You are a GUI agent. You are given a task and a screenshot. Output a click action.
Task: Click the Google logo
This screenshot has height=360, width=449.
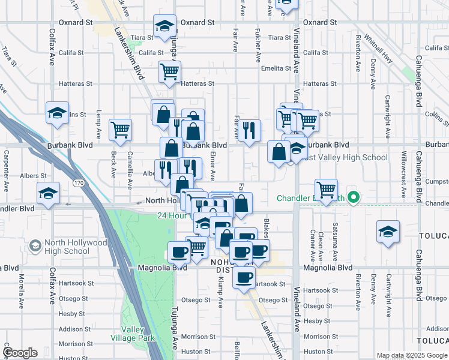20,353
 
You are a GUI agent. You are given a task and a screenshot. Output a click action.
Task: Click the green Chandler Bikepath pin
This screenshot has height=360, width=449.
354,197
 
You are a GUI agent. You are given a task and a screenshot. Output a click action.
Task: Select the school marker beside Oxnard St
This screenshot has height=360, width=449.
164,26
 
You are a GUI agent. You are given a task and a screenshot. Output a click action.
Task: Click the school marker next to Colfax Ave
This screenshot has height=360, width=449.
57,112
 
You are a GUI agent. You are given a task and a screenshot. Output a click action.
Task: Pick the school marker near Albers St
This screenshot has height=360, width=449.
48,193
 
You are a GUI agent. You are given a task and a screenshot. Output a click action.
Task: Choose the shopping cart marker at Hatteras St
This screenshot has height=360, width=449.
170,71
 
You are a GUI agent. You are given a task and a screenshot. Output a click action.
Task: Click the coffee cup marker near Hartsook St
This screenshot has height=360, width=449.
244,278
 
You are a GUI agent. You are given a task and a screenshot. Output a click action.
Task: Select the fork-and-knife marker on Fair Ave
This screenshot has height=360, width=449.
250,130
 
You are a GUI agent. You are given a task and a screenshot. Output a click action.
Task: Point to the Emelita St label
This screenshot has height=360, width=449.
276,68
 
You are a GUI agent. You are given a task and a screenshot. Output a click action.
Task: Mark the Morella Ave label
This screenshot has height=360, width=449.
22,288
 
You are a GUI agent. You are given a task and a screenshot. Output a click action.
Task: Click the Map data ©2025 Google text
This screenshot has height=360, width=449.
412,355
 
